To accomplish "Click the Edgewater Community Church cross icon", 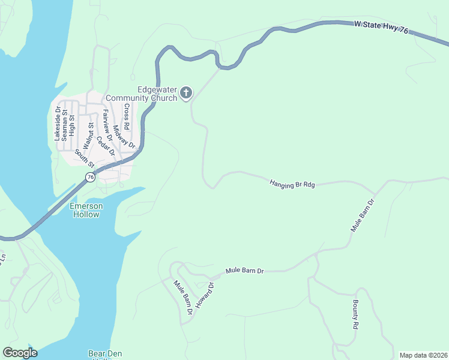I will pyautogui.click(x=186, y=92).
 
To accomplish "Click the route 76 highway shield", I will pyautogui.click(x=90, y=177).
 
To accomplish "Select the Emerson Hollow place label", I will pyautogui.click(x=86, y=210).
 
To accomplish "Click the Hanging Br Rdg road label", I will pyautogui.click(x=292, y=183).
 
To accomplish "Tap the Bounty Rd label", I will pyautogui.click(x=355, y=314).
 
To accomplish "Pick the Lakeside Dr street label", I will pyautogui.click(x=58, y=124).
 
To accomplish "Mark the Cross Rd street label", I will pyautogui.click(x=126, y=117).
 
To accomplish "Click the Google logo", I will pyautogui.click(x=20, y=353).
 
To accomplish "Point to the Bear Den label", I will pyautogui.click(x=105, y=354).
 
